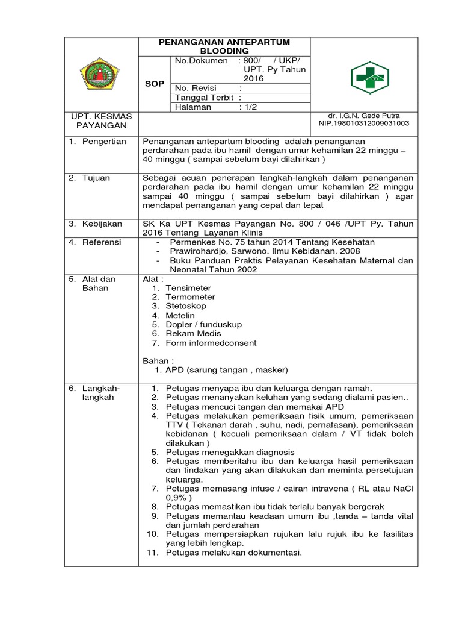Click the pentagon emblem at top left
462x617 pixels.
[x=100, y=75]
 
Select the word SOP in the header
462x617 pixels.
[x=155, y=84]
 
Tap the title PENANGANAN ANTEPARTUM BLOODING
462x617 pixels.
[x=224, y=46]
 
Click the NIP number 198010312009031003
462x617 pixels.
[x=364, y=124]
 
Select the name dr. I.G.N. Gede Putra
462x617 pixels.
[x=364, y=116]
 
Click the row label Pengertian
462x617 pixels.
[x=104, y=141]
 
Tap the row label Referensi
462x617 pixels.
[x=102, y=242]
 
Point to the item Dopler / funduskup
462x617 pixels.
[x=204, y=324]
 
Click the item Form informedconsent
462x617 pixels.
[x=211, y=343]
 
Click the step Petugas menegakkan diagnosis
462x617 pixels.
[x=230, y=452]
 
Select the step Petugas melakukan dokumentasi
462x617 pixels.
[x=233, y=553]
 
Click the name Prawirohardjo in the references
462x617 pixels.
[x=199, y=251]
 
